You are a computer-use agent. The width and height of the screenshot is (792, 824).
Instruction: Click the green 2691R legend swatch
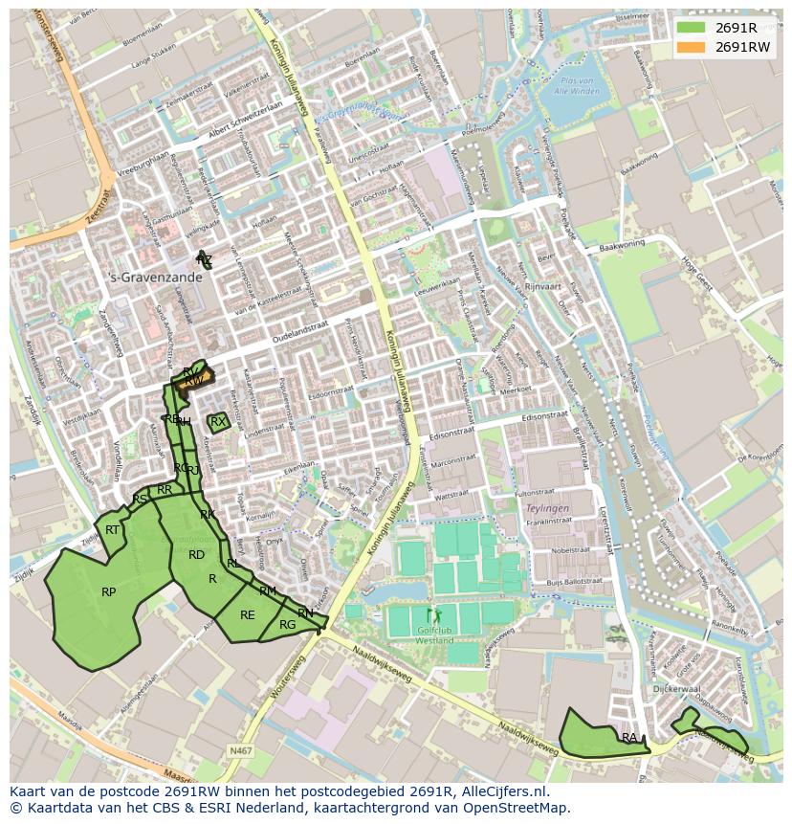[692, 28]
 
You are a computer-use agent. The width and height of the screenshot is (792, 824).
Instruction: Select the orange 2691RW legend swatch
[692, 47]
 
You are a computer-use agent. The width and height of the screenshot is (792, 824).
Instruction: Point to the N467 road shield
[241, 751]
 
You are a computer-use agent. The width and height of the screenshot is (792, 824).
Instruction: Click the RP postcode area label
[109, 592]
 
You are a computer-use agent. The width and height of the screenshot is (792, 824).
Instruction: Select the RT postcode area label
[113, 530]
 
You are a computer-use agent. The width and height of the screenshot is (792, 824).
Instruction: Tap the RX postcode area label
[218, 421]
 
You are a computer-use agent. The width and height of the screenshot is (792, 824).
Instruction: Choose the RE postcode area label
[248, 615]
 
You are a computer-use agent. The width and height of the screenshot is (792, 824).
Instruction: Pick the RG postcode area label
[287, 625]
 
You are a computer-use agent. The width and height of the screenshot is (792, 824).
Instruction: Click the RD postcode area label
[196, 555]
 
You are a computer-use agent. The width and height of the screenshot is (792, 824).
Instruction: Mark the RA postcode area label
[628, 738]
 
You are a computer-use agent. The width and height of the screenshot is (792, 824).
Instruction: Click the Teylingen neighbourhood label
[548, 509]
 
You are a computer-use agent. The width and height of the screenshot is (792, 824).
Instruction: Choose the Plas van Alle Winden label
[580, 85]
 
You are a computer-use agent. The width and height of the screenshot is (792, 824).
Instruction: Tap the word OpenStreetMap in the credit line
[522, 808]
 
